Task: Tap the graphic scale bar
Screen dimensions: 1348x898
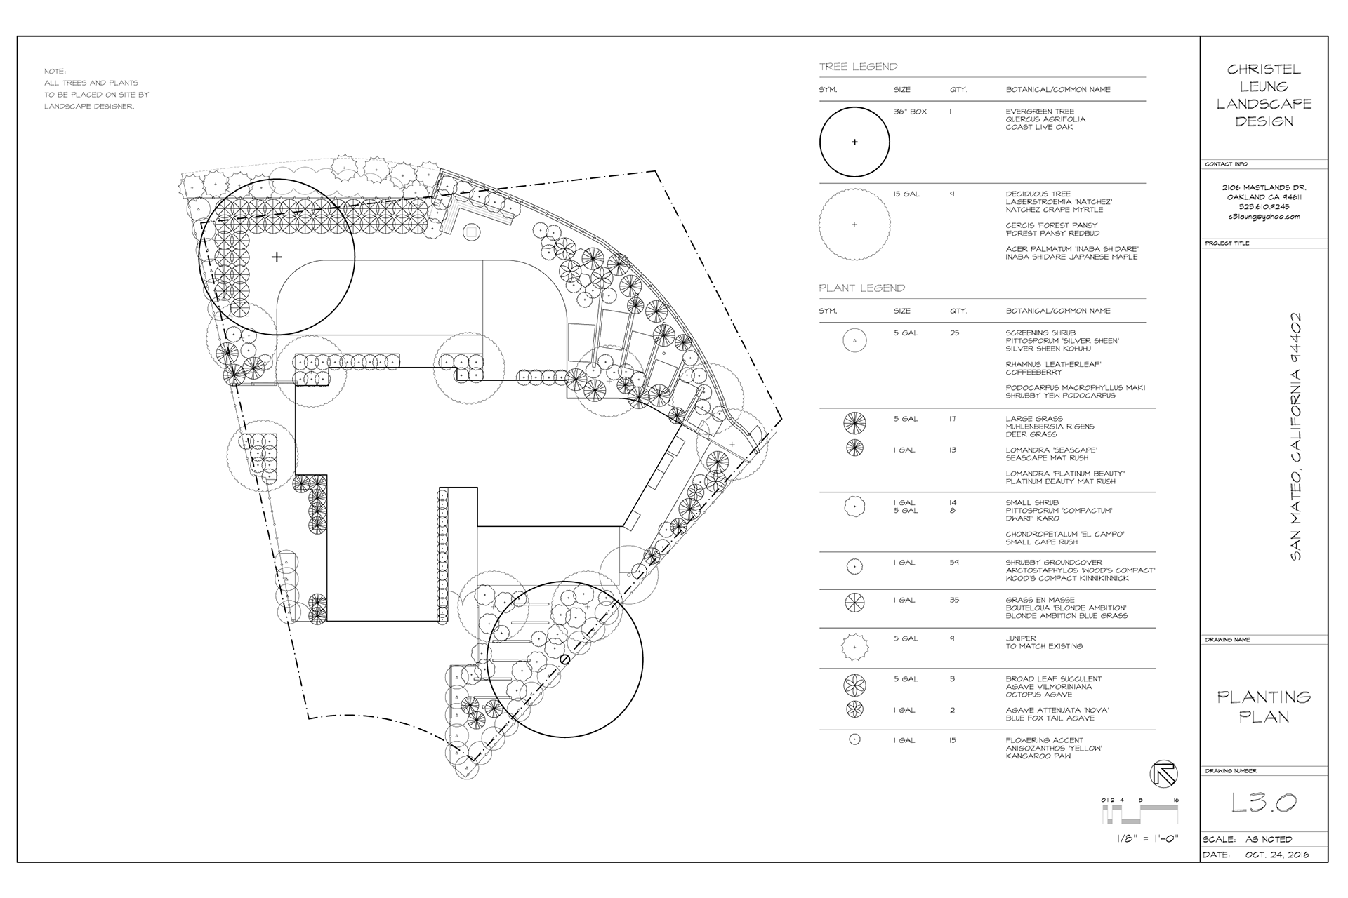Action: point(1141,815)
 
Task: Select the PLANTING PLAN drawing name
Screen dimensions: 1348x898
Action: point(1264,706)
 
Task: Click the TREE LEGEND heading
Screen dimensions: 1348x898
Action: point(858,67)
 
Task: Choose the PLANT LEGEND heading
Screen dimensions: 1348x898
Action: point(861,288)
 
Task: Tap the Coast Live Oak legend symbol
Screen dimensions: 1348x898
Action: point(854,142)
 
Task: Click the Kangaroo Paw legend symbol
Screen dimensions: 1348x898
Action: point(854,739)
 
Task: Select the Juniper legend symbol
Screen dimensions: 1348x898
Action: point(854,646)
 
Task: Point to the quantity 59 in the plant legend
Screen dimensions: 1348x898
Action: point(954,563)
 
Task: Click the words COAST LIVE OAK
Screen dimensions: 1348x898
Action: point(1039,128)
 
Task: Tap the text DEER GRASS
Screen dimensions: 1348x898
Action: point(1031,434)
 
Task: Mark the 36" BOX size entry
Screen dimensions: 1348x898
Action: point(910,112)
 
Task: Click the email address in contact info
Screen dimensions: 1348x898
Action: point(1264,217)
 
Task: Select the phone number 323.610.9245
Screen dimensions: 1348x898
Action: point(1264,207)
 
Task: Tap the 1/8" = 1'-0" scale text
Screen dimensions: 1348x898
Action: point(1147,839)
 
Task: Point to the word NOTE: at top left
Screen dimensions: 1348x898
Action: point(55,72)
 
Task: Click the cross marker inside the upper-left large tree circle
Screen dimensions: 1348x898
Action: point(277,257)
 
